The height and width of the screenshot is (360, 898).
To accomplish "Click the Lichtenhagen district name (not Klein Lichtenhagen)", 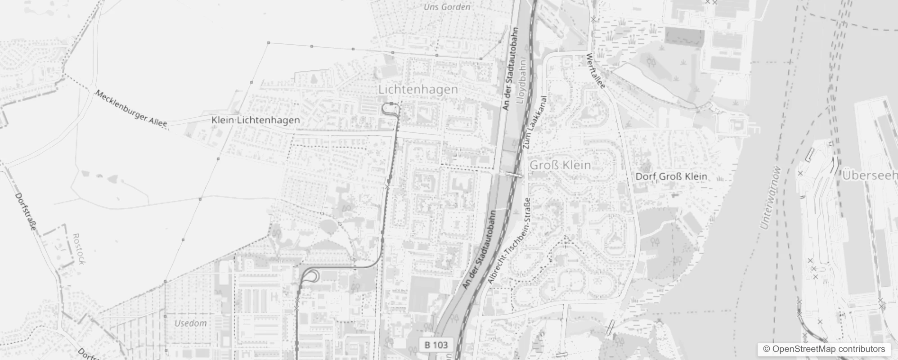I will (x=418, y=90).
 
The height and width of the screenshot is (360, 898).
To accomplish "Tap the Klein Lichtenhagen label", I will (x=256, y=120).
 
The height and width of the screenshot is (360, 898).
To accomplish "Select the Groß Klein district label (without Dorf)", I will (x=560, y=165).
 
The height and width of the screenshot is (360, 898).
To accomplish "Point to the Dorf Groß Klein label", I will (x=671, y=176).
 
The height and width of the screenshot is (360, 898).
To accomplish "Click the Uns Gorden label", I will (x=447, y=7).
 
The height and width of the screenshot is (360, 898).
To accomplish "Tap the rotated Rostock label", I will (x=78, y=248).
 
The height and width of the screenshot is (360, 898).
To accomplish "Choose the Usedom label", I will (x=190, y=323).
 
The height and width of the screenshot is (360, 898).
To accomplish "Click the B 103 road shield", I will (x=436, y=345).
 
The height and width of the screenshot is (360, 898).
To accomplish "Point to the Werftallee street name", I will (x=596, y=71).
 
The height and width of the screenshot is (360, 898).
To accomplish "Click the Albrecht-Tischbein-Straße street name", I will (x=509, y=241).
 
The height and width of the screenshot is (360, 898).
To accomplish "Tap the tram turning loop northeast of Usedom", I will (x=312, y=275).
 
